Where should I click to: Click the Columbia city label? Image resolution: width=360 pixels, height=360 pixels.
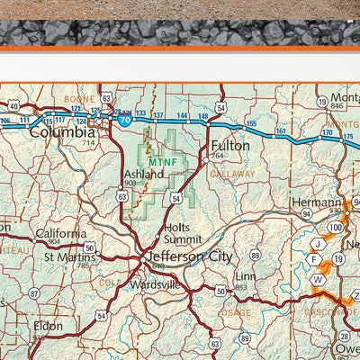pos(61,131)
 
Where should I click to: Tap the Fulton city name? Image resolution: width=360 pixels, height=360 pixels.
pos(230,144)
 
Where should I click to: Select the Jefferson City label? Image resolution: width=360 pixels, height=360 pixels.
pos(189,256)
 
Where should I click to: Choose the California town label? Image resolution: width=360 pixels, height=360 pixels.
pos(61,232)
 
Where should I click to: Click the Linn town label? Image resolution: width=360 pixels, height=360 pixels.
pos(246,276)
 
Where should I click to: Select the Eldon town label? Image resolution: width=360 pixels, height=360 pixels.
pos(49,325)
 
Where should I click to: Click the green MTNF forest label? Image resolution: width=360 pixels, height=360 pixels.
pos(163,162)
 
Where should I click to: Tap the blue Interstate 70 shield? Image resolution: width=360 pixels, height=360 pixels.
pos(124,118)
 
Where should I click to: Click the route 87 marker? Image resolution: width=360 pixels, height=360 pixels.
pos(34,293)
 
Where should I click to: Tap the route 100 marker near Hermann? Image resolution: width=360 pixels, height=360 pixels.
pos(336,228)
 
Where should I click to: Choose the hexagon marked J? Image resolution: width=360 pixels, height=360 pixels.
pos(317,244)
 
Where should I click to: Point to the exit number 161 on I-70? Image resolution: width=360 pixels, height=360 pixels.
pos(281,131)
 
